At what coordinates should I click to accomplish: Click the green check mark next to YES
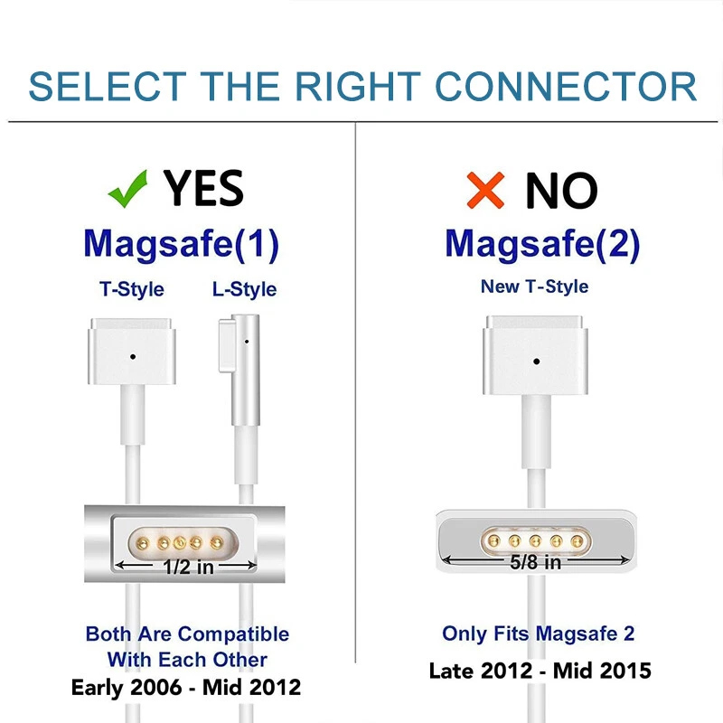127,189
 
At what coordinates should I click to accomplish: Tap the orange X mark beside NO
485,190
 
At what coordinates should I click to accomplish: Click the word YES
203,188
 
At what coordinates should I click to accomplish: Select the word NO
561,190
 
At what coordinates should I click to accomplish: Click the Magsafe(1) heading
182,244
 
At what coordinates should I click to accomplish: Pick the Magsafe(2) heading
543,244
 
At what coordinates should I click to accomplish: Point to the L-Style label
244,289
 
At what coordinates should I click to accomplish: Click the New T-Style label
534,286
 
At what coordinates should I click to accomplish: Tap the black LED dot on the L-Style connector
247,342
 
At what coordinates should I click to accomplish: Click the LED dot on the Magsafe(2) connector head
536,361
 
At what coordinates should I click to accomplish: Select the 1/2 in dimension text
188,567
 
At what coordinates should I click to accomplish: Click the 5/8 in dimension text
535,562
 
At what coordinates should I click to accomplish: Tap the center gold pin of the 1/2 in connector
179,543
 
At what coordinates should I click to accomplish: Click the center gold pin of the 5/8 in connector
535,540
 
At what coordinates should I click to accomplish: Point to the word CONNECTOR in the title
566,87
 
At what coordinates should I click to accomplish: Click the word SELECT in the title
108,87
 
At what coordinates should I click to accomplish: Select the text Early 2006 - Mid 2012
186,687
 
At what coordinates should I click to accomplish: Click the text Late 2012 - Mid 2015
540,671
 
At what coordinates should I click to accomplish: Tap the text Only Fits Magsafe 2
538,634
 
